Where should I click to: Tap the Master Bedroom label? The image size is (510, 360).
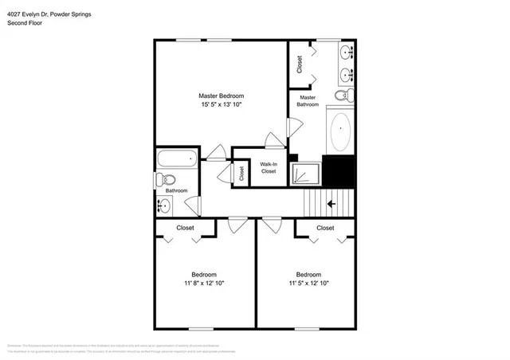point(221,96)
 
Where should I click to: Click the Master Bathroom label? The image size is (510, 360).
point(308,100)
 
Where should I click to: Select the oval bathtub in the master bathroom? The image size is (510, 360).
point(342,132)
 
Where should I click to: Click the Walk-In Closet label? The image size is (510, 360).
point(269,168)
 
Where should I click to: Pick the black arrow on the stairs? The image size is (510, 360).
point(330,204)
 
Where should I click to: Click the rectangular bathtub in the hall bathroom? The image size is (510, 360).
point(176,158)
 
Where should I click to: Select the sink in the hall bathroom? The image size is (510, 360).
point(163,206)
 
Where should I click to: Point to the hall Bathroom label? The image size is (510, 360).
point(176,191)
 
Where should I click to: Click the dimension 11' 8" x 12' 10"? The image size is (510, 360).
point(204,283)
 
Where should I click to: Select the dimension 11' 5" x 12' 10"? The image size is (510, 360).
point(308,283)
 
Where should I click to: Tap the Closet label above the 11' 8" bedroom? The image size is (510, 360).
point(186,228)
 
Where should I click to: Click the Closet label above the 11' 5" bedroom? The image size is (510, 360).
point(325,228)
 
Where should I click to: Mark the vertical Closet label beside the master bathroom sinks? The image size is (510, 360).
point(300,63)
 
